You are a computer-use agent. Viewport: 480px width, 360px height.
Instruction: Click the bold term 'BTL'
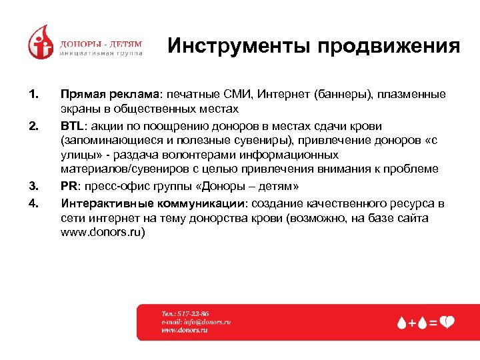[x=71, y=126]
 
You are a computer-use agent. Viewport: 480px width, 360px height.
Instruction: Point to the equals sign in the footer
[x=433, y=323]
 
